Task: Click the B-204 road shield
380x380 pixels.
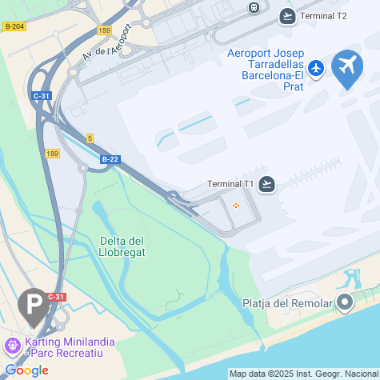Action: click(14, 26)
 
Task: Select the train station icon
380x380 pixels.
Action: click(254, 7)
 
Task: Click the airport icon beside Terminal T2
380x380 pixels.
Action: click(288, 15)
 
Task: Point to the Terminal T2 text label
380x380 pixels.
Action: click(324, 16)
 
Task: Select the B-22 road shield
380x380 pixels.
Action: click(110, 159)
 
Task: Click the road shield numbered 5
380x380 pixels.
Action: click(90, 138)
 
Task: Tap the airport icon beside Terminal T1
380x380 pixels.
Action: click(267, 184)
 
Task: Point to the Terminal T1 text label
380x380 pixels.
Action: click(230, 184)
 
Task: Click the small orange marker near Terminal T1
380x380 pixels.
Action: click(235, 206)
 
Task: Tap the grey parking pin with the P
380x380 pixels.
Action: click(32, 306)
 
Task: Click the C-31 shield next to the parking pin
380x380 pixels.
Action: click(55, 297)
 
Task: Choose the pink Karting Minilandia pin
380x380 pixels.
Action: click(12, 346)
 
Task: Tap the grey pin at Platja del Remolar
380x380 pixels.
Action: click(345, 302)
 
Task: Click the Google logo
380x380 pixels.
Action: click(26, 370)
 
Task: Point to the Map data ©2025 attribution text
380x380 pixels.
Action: click(302, 374)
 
